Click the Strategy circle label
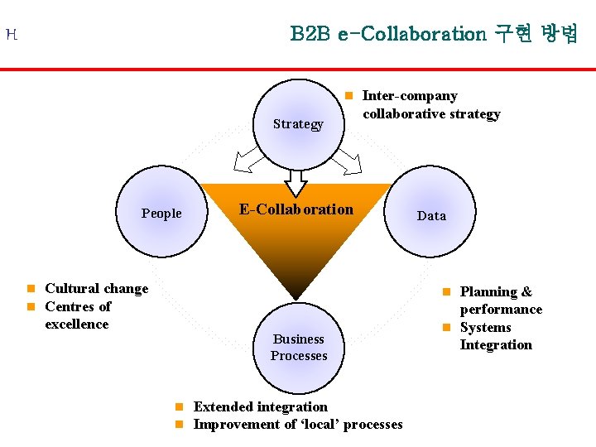(298, 124)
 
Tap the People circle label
(161, 214)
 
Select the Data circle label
(431, 216)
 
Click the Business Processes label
(299, 348)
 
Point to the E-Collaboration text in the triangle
(296, 209)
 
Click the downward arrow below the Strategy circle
(296, 182)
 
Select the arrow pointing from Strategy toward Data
(347, 162)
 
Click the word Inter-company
(410, 97)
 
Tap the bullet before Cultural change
(30, 289)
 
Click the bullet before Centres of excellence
(30, 307)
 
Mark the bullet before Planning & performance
(445, 292)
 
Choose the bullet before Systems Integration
(445, 328)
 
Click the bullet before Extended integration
(179, 407)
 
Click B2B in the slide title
(310, 34)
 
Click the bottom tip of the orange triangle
(296, 297)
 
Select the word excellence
(77, 324)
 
